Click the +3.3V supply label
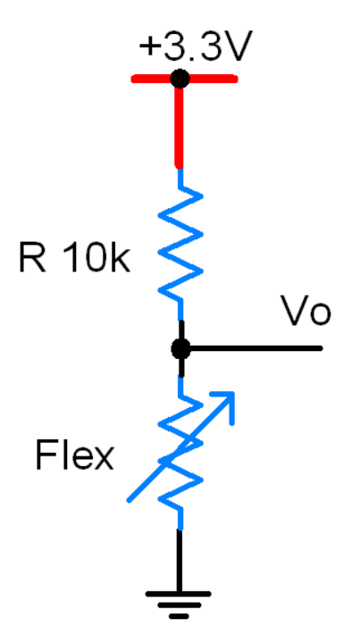(196, 46)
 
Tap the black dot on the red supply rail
(180, 79)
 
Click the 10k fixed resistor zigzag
(180, 243)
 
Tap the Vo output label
(306, 311)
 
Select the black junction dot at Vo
(180, 348)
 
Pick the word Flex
(74, 455)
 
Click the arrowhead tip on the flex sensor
(234, 392)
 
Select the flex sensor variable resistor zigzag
(180, 454)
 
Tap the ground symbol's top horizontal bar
(178, 594)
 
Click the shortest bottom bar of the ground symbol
(179, 617)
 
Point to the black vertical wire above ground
(180, 561)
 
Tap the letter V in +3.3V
(238, 46)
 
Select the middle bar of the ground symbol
(179, 606)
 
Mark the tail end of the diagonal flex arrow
(129, 501)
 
